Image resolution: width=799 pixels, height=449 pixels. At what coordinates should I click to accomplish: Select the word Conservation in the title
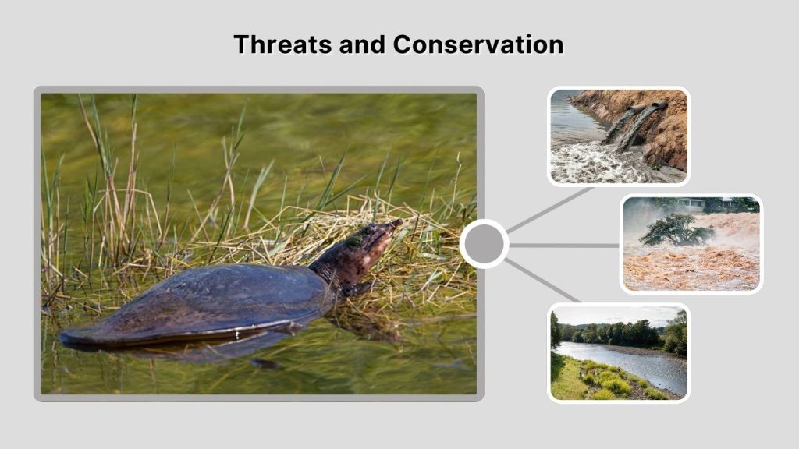[x=478, y=44]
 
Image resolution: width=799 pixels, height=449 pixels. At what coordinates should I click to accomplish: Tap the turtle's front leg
[x=356, y=290]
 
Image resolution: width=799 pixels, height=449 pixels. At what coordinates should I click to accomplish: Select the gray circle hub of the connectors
[x=484, y=244]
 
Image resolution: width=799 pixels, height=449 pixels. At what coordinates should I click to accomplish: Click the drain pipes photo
[x=618, y=136]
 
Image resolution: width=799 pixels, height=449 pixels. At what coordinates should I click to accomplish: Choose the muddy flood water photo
[x=691, y=243]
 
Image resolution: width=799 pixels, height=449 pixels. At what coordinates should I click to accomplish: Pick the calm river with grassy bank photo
[x=618, y=352]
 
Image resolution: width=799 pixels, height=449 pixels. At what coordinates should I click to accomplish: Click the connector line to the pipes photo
[x=550, y=209]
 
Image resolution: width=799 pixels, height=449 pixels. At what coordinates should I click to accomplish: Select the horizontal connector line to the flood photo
[x=563, y=245]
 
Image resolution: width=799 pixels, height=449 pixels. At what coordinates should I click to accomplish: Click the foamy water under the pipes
[x=593, y=160]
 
